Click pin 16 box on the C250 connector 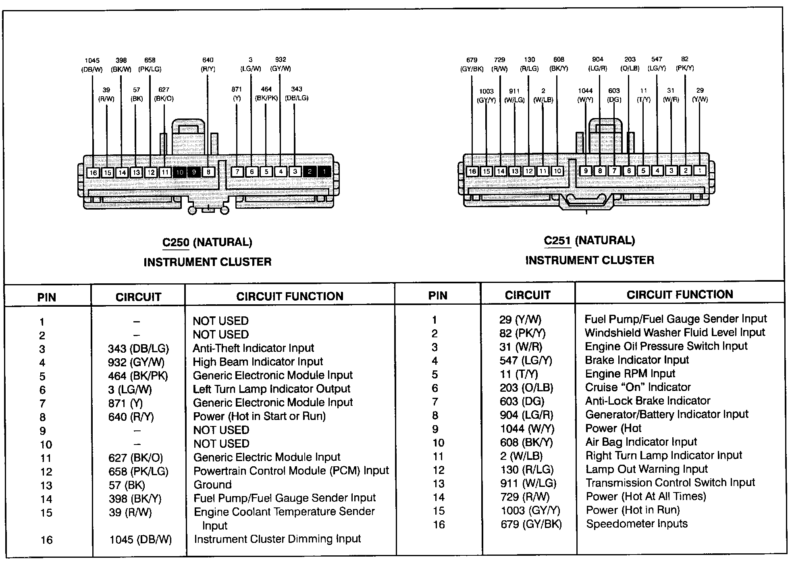pos(93,172)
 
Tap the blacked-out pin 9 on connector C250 pos(194,172)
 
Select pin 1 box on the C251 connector pos(700,171)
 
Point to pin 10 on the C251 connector pos(557,171)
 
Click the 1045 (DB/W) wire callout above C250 pos(92,65)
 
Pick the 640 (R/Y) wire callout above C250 pos(208,64)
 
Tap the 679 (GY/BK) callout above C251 pos(472,64)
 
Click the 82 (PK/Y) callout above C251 pos(685,64)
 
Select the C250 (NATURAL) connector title pos(207,242)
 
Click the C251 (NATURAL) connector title pos(589,241)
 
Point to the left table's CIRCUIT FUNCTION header pos(289,297)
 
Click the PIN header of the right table pos(438,296)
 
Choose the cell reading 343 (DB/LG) pos(138,349)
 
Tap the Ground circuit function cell pos(212,484)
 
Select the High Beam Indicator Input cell pos(258,362)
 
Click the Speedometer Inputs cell pos(637,524)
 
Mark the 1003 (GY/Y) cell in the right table pos(530,511)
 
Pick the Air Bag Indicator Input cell pos(641,442)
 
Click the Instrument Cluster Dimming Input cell pos(277,539)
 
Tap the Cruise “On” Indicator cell pos(638,388)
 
